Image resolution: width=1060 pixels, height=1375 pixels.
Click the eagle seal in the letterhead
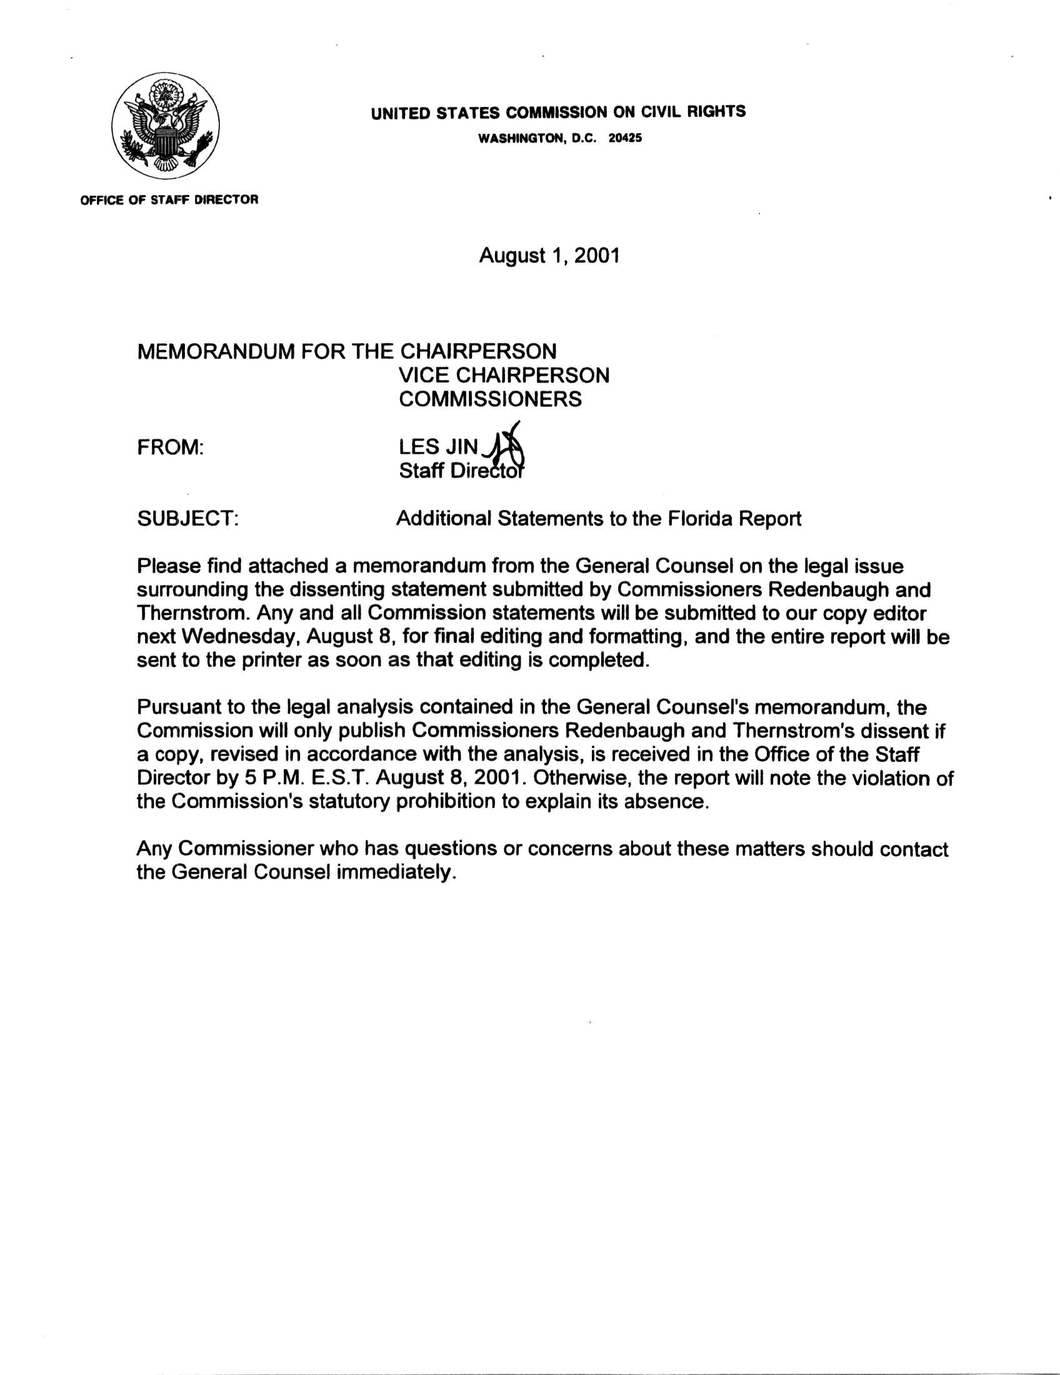[x=166, y=125]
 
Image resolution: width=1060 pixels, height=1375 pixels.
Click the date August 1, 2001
[x=549, y=255]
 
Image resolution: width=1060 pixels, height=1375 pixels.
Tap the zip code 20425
[x=625, y=139]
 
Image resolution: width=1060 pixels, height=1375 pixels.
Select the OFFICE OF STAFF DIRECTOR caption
[x=169, y=200]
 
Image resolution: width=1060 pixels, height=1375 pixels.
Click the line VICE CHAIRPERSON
[x=504, y=375]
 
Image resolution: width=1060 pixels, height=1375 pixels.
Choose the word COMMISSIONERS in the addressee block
[x=491, y=399]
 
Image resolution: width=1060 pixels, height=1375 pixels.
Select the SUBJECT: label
[x=187, y=519]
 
